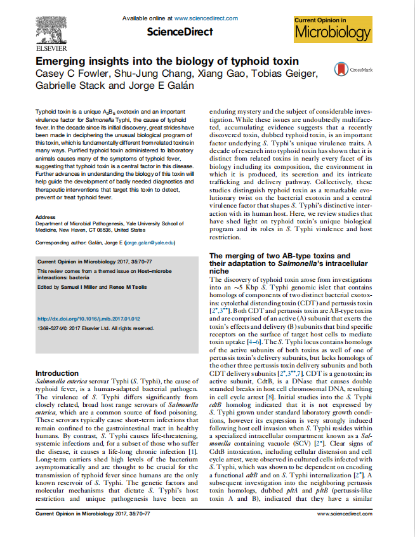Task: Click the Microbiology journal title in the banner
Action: [332, 33]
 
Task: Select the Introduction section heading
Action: [57, 373]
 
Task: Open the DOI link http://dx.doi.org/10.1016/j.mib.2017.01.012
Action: [89, 319]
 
